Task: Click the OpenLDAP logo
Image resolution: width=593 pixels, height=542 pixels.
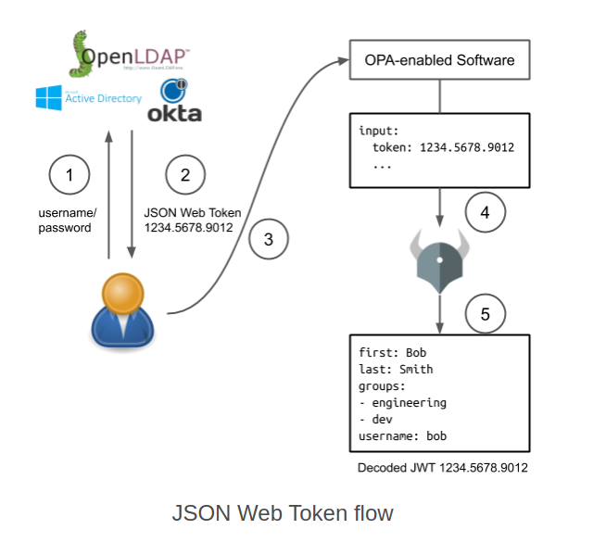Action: (130, 56)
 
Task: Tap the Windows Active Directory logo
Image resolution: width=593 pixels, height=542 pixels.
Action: (88, 98)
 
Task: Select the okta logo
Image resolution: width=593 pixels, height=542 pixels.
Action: (174, 102)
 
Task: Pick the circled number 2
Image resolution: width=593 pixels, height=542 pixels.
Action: (185, 176)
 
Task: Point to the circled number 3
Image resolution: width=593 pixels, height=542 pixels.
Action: (269, 240)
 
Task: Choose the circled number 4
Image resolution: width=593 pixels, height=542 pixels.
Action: (485, 212)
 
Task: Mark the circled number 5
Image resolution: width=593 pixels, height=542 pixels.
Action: (485, 314)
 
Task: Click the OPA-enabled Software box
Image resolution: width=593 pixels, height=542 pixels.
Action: (439, 61)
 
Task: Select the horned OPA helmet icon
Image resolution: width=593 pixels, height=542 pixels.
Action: (439, 263)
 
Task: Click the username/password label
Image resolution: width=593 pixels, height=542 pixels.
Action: (65, 220)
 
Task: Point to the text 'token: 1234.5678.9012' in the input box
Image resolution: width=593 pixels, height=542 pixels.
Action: (443, 147)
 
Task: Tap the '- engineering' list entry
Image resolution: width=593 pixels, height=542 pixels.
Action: (402, 403)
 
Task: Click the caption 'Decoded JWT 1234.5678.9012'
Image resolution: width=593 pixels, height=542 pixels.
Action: (443, 468)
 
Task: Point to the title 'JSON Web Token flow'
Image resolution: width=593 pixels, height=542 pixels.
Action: (283, 512)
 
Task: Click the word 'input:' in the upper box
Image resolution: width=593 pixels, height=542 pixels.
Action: (379, 131)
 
